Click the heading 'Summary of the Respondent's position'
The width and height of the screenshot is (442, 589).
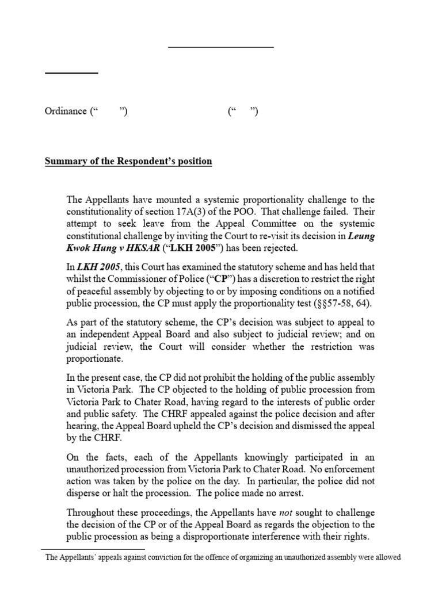128,162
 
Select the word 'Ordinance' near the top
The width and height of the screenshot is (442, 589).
66,111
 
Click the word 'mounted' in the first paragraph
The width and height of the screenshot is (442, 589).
154,200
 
